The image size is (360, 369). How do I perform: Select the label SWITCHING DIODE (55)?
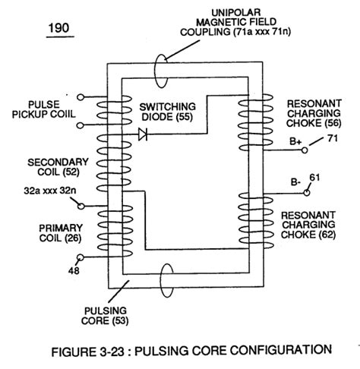point(167,113)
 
